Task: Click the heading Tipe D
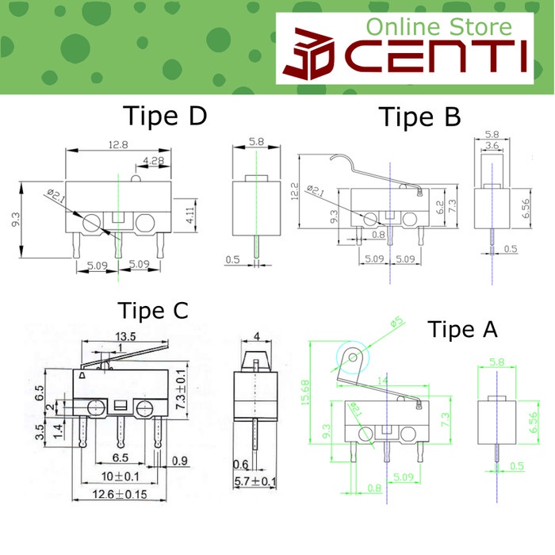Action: tap(165, 117)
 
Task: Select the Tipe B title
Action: tap(419, 117)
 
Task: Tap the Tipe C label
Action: tap(153, 310)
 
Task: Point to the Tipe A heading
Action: tap(464, 328)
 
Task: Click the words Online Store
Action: tap(438, 28)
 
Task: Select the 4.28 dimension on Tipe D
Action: tap(152, 161)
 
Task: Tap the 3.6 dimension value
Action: tap(492, 146)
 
